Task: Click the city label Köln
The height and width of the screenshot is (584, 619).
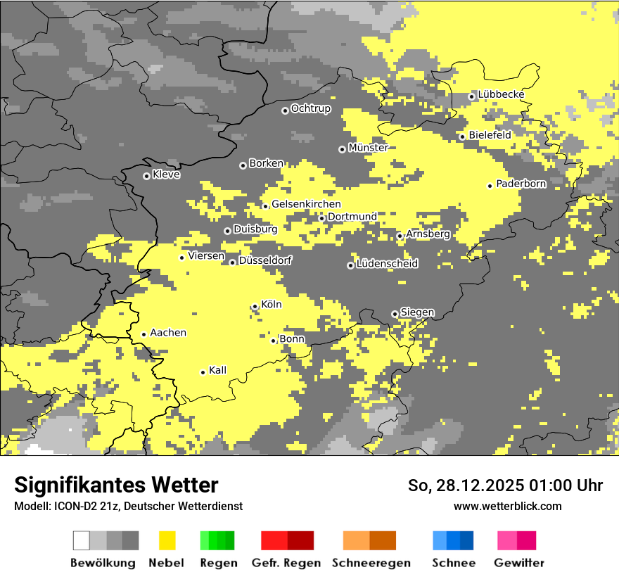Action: (272, 305)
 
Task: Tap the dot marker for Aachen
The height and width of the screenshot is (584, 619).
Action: (143, 335)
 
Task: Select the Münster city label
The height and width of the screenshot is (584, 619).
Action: (368, 148)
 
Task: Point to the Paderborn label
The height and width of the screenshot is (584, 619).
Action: (521, 184)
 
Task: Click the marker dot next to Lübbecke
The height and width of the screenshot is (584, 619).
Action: (471, 96)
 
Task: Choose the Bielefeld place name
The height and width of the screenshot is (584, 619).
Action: (490, 134)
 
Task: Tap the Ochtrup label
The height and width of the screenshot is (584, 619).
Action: (310, 108)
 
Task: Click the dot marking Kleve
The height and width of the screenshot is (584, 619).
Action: (146, 176)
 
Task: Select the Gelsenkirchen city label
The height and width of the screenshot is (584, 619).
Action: (306, 204)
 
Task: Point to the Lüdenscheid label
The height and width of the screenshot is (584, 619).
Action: (387, 264)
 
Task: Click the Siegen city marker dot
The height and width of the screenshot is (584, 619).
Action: (395, 314)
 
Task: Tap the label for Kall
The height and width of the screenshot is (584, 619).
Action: (218, 370)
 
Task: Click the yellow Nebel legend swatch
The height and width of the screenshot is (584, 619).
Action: (167, 540)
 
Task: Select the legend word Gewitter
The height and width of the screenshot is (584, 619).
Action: (519, 563)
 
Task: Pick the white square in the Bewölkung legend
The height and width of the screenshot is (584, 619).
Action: (82, 540)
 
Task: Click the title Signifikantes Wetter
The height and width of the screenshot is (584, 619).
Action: (116, 485)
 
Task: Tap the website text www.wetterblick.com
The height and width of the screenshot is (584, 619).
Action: (507, 506)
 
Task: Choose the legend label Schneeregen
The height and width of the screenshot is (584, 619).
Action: (371, 563)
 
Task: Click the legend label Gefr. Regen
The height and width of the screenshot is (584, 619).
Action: (286, 563)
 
